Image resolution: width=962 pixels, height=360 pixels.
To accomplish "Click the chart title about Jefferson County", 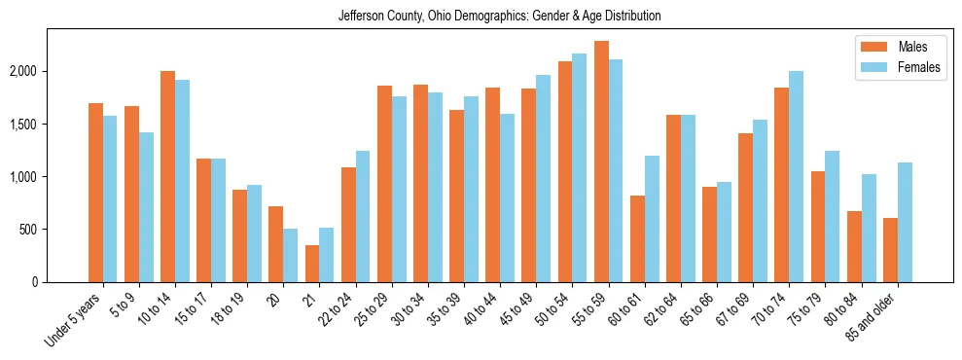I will (499, 17).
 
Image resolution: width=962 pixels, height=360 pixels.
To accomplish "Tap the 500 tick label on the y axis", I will (28, 230).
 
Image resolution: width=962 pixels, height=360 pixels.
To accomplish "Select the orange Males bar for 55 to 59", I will (601, 162).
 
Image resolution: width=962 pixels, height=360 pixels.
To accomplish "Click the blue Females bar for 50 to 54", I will (580, 167).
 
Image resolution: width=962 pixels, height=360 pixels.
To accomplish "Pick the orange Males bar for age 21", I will (312, 264).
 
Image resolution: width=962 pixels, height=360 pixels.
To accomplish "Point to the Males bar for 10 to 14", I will (167, 176).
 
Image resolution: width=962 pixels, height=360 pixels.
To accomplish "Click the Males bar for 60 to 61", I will (637, 238).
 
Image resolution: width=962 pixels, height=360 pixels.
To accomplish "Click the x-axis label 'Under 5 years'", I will (74, 320).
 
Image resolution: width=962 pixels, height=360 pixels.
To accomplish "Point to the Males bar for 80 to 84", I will (854, 246).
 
